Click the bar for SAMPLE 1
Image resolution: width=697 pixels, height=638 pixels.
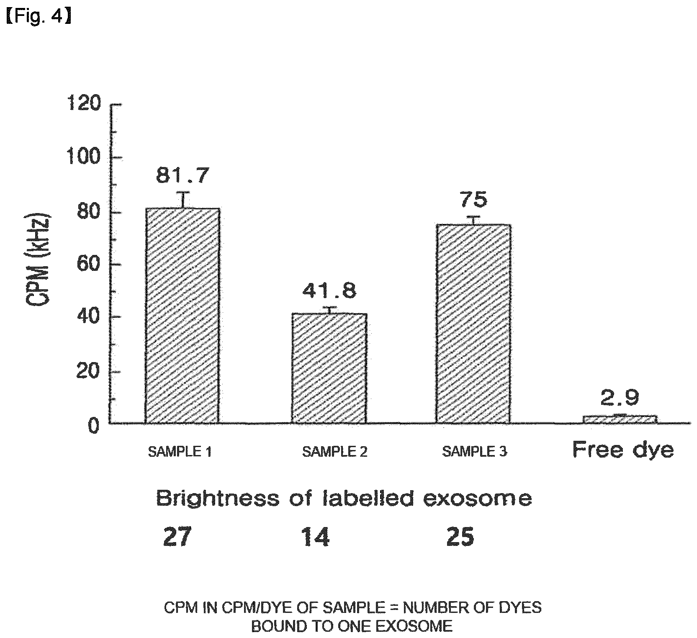click(183, 316)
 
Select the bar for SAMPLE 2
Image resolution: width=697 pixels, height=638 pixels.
click(329, 368)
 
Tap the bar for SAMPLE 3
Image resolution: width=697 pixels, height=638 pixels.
click(473, 324)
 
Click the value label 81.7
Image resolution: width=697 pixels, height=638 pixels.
click(182, 176)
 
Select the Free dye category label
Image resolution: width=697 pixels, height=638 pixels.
click(623, 451)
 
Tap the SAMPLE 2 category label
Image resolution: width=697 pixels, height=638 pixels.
click(334, 452)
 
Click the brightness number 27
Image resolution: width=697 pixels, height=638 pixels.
click(177, 537)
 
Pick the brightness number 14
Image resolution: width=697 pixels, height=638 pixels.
click(315, 537)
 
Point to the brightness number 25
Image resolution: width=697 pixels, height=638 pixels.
click(460, 537)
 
